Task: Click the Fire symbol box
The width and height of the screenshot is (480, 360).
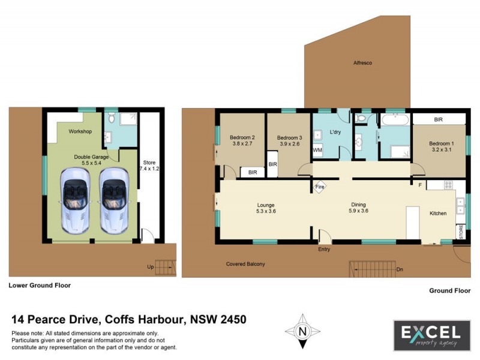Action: tap(319, 188)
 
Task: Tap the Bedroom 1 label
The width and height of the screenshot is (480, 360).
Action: tap(441, 143)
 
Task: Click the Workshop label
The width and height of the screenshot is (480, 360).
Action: tap(79, 131)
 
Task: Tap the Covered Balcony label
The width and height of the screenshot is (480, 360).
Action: tap(245, 264)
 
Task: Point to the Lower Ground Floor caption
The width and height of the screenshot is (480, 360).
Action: tap(40, 286)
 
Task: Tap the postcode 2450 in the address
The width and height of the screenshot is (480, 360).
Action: tap(232, 319)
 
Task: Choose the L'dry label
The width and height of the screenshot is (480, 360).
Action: tap(335, 132)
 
